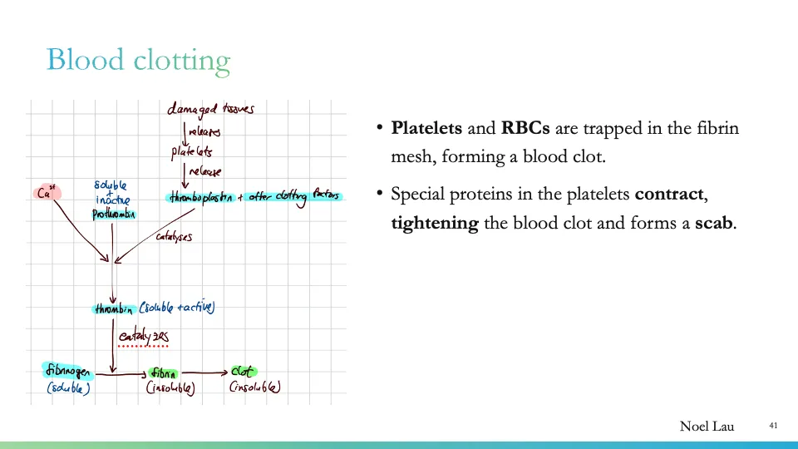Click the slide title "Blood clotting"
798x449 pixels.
point(138,61)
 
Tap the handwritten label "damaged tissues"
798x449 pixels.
point(210,109)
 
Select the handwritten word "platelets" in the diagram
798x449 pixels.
point(192,152)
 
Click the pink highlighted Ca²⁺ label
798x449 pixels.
point(47,193)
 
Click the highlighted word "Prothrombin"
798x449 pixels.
point(114,215)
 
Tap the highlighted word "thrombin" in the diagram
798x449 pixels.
point(114,309)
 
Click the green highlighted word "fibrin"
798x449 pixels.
point(164,374)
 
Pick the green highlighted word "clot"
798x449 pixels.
point(243,372)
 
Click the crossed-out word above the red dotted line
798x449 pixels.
point(143,335)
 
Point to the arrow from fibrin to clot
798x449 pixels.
point(204,373)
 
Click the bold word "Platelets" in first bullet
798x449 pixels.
point(426,129)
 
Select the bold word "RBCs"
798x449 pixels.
point(525,129)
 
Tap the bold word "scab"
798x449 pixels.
point(714,224)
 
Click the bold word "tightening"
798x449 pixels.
point(435,224)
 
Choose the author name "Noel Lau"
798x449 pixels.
point(707,427)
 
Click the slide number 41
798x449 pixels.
point(773,426)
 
